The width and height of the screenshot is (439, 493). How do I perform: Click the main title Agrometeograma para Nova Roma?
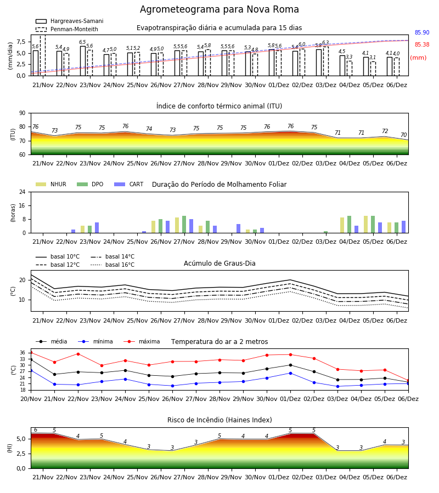[219, 9]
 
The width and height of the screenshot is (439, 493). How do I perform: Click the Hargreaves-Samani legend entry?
[69, 21]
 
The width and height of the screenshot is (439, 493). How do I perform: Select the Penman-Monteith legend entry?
[67, 29]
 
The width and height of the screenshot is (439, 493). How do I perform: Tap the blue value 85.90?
[422, 33]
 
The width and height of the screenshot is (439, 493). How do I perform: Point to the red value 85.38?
[422, 45]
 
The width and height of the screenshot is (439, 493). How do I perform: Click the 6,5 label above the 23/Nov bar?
[82, 42]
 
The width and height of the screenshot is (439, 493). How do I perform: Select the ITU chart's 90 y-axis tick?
[22, 113]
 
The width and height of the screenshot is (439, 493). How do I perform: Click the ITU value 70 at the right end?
[403, 135]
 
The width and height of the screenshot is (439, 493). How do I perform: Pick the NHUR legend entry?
[51, 184]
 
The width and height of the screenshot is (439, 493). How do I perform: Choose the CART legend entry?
[128, 184]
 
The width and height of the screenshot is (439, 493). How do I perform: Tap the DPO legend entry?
[90, 184]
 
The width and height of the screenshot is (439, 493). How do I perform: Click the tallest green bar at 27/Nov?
[184, 225]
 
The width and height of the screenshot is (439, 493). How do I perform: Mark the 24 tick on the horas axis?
[22, 192]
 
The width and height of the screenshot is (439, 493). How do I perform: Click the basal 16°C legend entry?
[112, 265]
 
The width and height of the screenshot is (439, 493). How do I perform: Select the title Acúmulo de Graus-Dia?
[219, 263]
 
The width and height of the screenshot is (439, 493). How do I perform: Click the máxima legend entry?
[142, 341]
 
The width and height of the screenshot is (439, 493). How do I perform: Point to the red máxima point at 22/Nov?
[78, 354]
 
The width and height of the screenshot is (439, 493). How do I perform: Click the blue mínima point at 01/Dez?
[290, 373]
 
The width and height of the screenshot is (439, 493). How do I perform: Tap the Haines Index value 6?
[36, 430]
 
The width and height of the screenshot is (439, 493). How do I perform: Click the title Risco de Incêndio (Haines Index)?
[219, 420]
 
